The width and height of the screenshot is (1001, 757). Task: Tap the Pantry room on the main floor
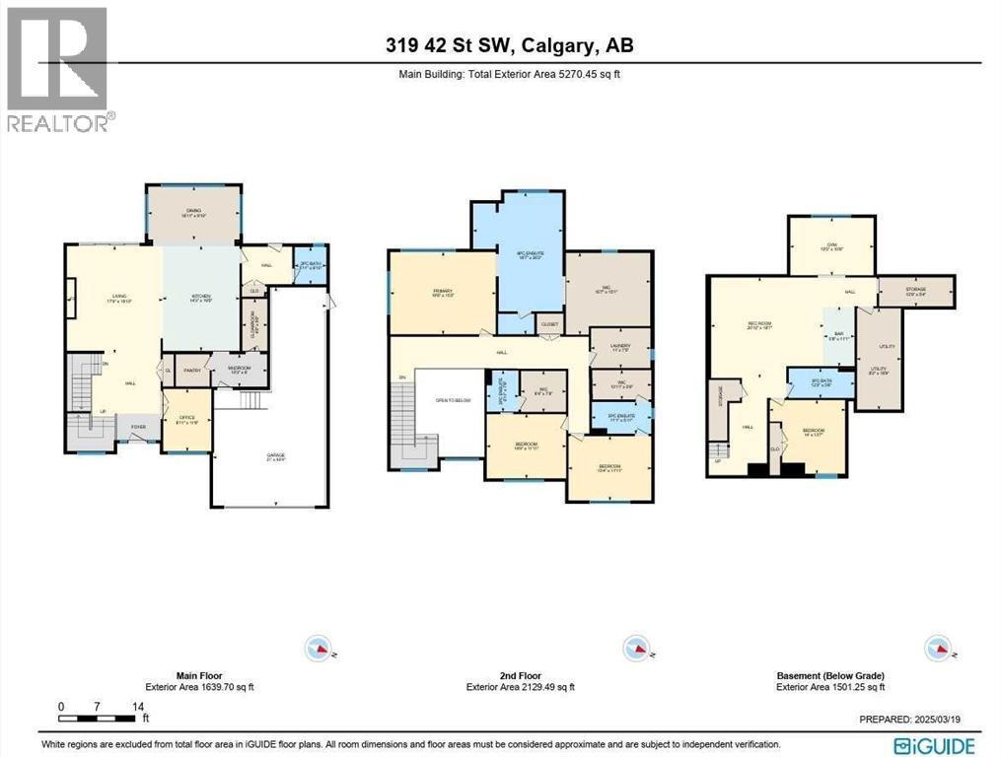coord(191,371)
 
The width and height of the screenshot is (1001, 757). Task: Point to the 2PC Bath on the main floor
coord(312,265)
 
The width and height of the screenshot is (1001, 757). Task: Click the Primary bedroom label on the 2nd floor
coord(441,292)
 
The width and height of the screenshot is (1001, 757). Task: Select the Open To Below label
coord(449,400)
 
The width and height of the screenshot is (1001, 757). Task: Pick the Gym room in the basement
coord(831,248)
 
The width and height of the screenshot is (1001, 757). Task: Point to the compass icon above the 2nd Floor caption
coord(634,648)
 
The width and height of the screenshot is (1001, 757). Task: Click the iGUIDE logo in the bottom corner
coord(934,745)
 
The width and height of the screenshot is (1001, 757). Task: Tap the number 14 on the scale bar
coord(138,707)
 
